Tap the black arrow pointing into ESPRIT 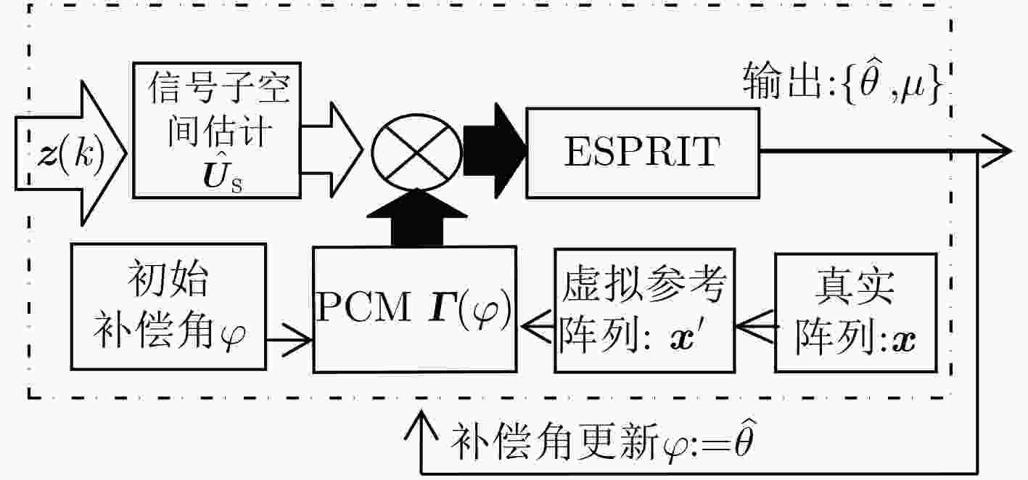495,151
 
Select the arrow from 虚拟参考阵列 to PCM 536,327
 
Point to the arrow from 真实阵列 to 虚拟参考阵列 755,327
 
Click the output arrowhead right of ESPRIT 996,150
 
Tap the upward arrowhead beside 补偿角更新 421,426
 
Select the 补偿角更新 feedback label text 602,441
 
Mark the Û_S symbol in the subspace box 223,176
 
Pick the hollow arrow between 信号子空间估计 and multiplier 332,150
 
